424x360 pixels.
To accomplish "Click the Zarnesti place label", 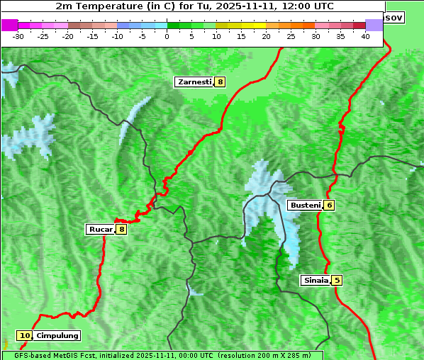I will coord(194,82).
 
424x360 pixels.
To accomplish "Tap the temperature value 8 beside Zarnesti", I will coord(221,82).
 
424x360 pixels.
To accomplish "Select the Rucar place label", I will coord(100,229).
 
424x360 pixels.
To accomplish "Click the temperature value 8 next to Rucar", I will coord(121,229).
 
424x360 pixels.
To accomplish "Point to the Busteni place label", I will coord(305,205).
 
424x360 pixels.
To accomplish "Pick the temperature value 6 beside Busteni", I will coord(330,205).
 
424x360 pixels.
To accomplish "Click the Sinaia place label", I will coord(316,280).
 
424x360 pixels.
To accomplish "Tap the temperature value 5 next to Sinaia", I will coord(337,280).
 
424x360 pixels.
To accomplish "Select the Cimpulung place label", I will coord(57,335).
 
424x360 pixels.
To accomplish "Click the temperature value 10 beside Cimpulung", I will coord(25,335).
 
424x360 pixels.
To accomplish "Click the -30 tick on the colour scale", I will coord(18,35).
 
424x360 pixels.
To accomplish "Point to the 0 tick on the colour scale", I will coord(167,35).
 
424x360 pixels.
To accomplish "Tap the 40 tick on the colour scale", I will coord(365,35).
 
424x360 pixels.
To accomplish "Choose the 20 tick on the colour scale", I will coord(266,35).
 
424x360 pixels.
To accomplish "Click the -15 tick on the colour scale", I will coord(93,35).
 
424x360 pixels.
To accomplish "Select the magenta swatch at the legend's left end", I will coord(9,25).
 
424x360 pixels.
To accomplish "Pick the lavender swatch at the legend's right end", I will coord(374,25).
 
